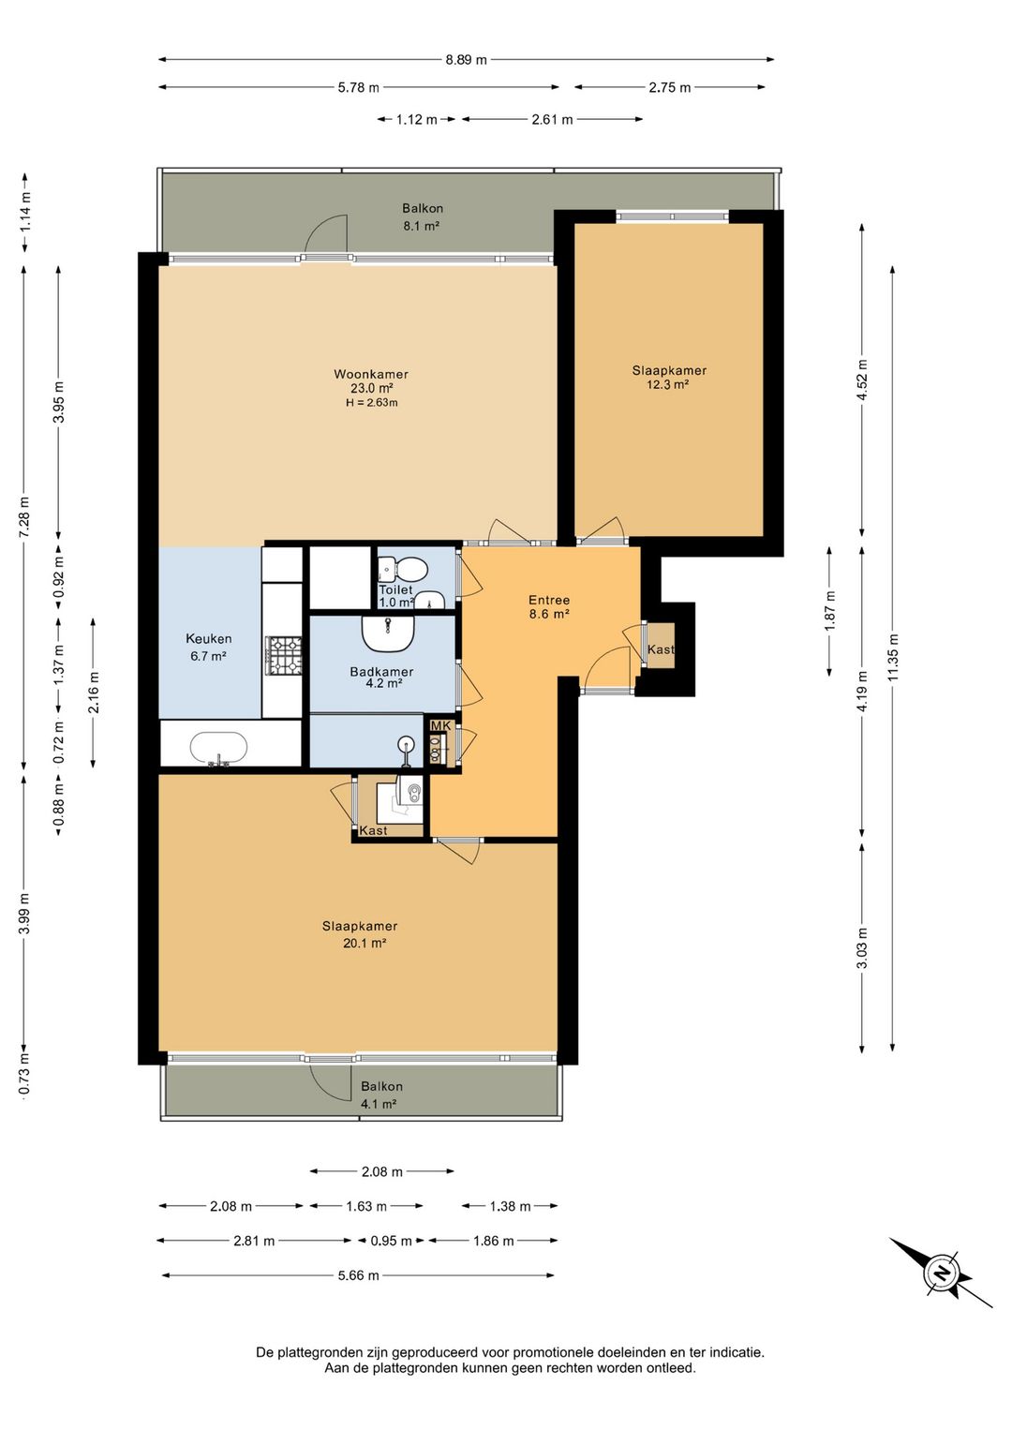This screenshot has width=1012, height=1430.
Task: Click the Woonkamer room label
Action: click(371, 374)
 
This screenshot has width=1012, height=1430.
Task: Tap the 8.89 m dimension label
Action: click(466, 60)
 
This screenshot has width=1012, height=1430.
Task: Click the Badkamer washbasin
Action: click(388, 632)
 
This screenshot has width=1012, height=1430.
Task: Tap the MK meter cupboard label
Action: click(440, 726)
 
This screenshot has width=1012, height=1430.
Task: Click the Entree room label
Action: click(548, 600)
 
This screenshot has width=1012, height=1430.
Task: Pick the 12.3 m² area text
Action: click(668, 384)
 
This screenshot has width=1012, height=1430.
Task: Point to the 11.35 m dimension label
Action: click(893, 657)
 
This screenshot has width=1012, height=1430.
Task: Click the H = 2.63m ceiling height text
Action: click(372, 402)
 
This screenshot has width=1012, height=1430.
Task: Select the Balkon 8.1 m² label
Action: click(422, 216)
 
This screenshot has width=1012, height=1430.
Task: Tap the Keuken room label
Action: click(209, 638)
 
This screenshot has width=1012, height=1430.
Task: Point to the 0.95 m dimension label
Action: click(391, 1241)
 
